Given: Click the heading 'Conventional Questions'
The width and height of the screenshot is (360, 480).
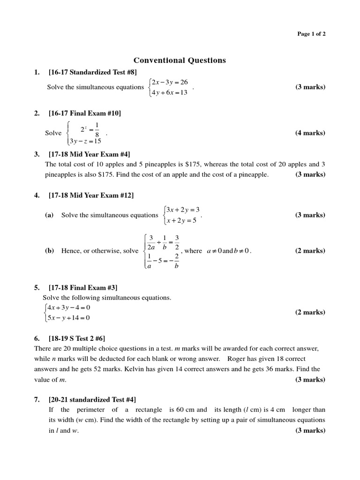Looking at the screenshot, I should (x=180, y=60).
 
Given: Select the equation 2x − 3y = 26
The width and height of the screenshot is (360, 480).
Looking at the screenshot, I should (x=169, y=82).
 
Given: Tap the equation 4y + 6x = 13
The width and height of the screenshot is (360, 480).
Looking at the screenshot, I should (x=169, y=92).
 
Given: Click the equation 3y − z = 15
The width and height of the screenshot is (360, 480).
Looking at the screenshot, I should (x=85, y=141).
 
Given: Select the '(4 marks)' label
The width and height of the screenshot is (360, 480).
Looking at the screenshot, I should (x=310, y=133).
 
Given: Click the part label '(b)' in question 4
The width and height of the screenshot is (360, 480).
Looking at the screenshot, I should (x=49, y=251).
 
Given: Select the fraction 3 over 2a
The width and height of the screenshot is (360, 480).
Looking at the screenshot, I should (x=151, y=242).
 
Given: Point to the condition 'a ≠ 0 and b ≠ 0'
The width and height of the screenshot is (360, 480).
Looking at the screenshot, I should (x=229, y=251).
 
